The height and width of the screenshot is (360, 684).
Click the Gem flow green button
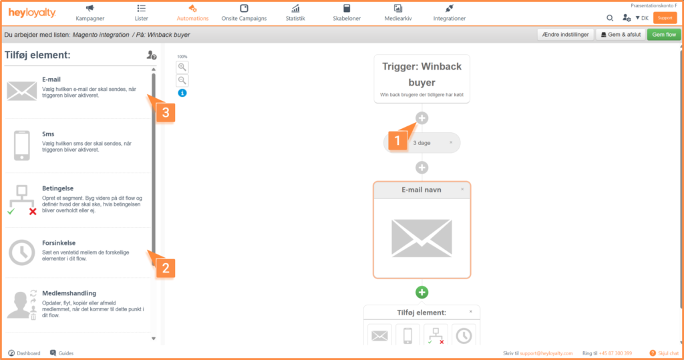pyautogui.click(x=663, y=35)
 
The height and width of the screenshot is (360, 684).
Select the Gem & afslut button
pyautogui.click(x=621, y=35)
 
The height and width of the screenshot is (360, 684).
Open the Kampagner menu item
pyautogui.click(x=90, y=13)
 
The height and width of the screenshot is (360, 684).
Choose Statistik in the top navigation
pyautogui.click(x=295, y=13)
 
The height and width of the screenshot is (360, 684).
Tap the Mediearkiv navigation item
pyautogui.click(x=398, y=13)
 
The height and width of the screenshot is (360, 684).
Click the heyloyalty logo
pyautogui.click(x=32, y=13)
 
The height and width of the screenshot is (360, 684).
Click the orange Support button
pyautogui.click(x=665, y=18)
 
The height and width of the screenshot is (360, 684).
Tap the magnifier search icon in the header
pyautogui.click(x=610, y=18)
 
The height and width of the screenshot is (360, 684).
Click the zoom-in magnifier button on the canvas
pyautogui.click(x=182, y=67)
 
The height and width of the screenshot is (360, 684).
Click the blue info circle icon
pyautogui.click(x=182, y=93)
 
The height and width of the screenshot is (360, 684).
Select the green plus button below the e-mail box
pyautogui.click(x=422, y=293)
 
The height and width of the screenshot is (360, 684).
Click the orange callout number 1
pyautogui.click(x=397, y=140)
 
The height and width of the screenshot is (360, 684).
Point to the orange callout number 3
pyautogui.click(x=166, y=113)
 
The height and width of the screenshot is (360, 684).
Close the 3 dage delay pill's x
pyautogui.click(x=451, y=142)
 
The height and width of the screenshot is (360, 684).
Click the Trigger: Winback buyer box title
pyautogui.click(x=422, y=74)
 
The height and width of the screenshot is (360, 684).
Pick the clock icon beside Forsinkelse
pyautogui.click(x=21, y=252)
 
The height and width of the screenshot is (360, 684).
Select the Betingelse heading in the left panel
pyautogui.click(x=57, y=188)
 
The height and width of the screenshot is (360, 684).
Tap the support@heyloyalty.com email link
pyautogui.click(x=546, y=353)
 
